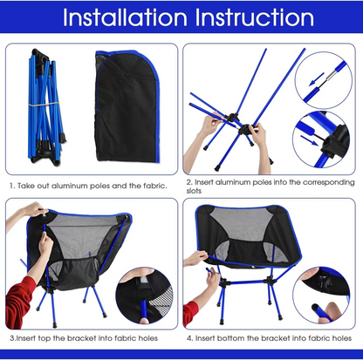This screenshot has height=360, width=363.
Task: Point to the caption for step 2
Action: point(269,186)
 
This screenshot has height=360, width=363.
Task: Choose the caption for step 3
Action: point(85,336)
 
